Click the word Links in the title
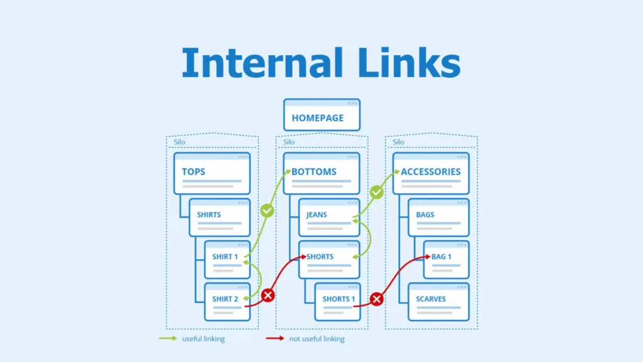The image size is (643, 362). [x=402, y=63]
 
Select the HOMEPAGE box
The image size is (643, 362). [x=321, y=115]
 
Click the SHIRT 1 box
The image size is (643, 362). [x=227, y=260]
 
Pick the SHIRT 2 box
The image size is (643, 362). [x=227, y=302]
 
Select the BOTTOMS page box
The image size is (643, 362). [x=321, y=173]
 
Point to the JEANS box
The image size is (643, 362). [x=328, y=217]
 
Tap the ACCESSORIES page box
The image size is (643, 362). [x=431, y=173]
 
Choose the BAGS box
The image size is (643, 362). [x=438, y=217]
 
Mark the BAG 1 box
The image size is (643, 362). [x=446, y=260]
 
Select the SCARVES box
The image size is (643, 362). [x=438, y=302]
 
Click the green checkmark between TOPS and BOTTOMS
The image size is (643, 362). [x=267, y=212]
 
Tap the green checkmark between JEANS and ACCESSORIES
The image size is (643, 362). [x=377, y=192]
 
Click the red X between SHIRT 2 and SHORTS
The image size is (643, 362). [x=268, y=295]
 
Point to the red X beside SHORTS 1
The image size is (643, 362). [x=377, y=299]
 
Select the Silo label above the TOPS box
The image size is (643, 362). [x=180, y=142]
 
